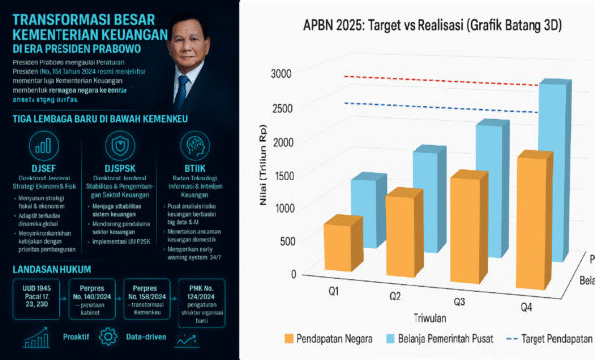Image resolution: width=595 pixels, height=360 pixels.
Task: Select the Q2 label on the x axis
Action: tap(394, 297)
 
